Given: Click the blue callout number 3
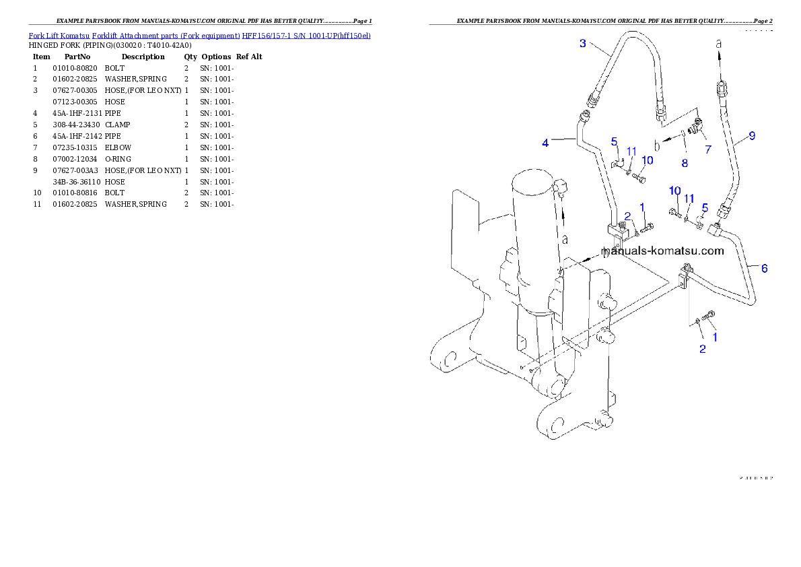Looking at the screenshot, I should pyautogui.click(x=583, y=44).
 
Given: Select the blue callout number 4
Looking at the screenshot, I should pyautogui.click(x=546, y=143).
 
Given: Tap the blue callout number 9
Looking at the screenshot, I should pyautogui.click(x=752, y=135).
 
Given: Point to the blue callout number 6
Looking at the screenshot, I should pyautogui.click(x=764, y=268).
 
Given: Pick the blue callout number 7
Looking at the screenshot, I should pyautogui.click(x=707, y=149).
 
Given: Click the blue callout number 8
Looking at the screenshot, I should pyautogui.click(x=685, y=162).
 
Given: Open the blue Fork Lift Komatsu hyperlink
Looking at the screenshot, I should pyautogui.click(x=199, y=35).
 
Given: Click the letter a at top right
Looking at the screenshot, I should pyautogui.click(x=718, y=43).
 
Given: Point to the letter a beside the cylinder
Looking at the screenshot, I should pyautogui.click(x=565, y=238).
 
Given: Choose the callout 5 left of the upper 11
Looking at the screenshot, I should pyautogui.click(x=614, y=141).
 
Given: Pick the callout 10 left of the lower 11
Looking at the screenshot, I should pyautogui.click(x=674, y=192).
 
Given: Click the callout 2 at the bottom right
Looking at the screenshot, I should pyautogui.click(x=702, y=349).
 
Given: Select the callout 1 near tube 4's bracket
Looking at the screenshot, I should pyautogui.click(x=642, y=207).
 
